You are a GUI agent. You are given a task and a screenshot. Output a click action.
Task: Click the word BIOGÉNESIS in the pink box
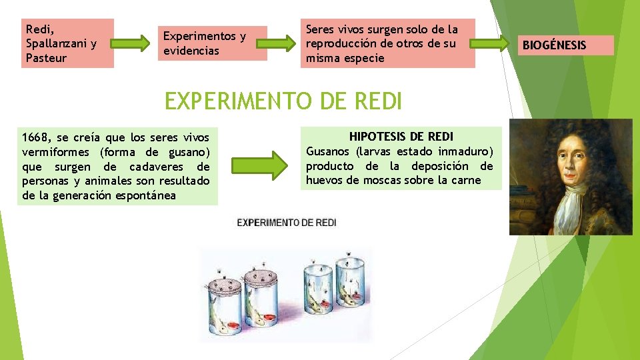554,45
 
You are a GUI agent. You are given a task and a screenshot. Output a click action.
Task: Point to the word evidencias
191,51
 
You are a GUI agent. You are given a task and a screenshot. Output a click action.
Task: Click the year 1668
35,137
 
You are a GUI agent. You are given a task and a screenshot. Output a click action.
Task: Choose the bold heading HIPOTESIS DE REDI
401,137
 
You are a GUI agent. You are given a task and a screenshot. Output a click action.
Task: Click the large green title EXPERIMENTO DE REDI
283,101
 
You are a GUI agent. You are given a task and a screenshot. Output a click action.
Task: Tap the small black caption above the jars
287,222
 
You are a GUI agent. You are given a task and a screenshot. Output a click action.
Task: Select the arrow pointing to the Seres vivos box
283,44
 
